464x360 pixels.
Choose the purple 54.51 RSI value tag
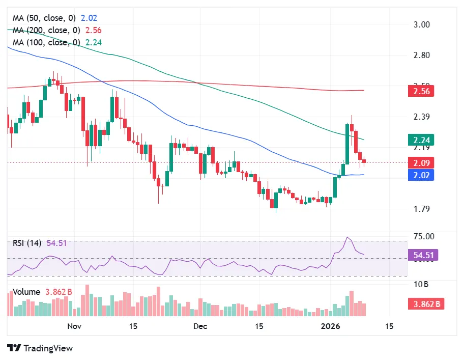point(423,255)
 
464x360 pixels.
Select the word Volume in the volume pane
point(26,292)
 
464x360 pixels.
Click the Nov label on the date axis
point(74,326)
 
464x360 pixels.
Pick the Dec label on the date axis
point(201,326)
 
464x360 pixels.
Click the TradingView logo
point(41,348)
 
